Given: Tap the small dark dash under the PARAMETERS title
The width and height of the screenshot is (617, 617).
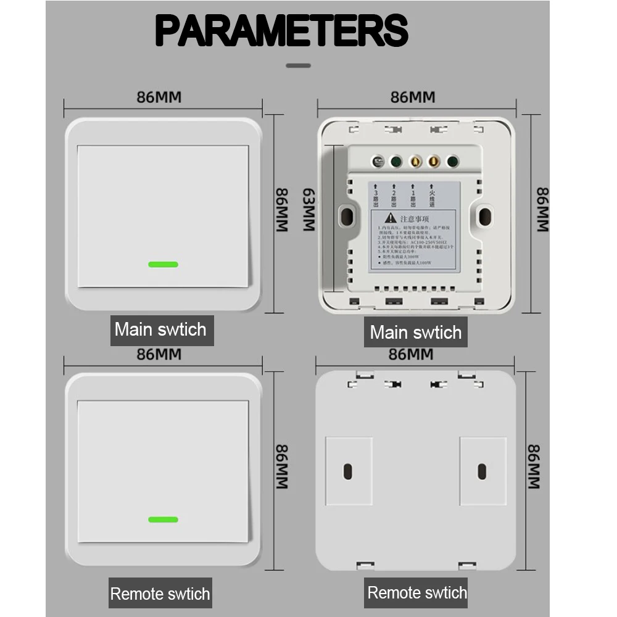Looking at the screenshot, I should click(x=299, y=65).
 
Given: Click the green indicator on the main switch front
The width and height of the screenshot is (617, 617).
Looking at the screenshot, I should click(x=163, y=264).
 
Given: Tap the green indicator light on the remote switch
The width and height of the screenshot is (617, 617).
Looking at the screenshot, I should click(x=163, y=520).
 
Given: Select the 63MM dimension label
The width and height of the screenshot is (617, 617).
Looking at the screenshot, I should click(x=309, y=210).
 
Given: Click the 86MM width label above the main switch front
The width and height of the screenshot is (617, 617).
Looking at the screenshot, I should click(x=159, y=97).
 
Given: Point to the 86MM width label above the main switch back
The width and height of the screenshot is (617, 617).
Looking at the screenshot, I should click(x=413, y=97).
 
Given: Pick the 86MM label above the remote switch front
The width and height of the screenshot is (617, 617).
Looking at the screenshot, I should click(x=159, y=355).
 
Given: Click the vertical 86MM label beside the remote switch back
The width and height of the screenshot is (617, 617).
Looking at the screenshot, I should click(x=534, y=466).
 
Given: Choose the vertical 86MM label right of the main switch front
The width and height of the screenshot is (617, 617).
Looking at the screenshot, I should click(x=281, y=210).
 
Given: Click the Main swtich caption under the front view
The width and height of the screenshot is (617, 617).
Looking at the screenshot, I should click(x=160, y=329).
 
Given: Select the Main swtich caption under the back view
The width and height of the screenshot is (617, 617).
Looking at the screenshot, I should click(x=415, y=333).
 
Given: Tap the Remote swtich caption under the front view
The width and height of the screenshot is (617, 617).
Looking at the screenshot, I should click(x=160, y=594).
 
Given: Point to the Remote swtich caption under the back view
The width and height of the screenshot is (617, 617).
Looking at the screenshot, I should click(x=417, y=593).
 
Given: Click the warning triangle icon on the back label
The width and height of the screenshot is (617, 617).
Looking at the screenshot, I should click(x=390, y=218).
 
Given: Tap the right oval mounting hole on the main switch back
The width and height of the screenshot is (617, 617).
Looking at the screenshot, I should click(x=485, y=216).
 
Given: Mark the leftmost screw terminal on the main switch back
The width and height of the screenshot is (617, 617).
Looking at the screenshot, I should click(x=377, y=162).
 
